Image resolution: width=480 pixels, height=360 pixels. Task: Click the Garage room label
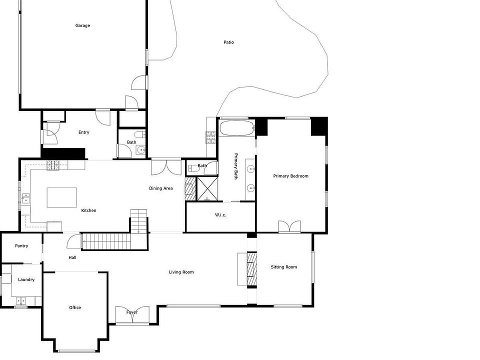pyautogui.click(x=82, y=25)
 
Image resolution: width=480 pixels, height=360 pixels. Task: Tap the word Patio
pyautogui.click(x=228, y=42)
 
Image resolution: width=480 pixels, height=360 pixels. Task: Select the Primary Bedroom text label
pyautogui.click(x=290, y=176)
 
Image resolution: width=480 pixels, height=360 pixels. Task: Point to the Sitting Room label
pyautogui.click(x=284, y=267)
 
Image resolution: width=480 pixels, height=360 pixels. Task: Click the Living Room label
pyautogui.click(x=181, y=272)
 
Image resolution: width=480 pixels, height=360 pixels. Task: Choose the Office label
pyautogui.click(x=75, y=307)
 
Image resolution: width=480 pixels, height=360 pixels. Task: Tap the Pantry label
pyautogui.click(x=21, y=246)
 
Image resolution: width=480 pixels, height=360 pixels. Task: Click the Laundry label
pyautogui.click(x=26, y=279)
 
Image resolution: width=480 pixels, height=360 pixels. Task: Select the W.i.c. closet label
pyautogui.click(x=220, y=215)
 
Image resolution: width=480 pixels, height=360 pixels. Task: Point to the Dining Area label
pyautogui.click(x=160, y=188)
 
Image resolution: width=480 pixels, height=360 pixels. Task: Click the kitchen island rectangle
pyautogui.click(x=61, y=197)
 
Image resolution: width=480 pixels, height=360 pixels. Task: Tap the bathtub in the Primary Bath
pyautogui.click(x=237, y=128)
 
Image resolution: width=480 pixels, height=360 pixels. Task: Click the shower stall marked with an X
pyautogui.click(x=207, y=188)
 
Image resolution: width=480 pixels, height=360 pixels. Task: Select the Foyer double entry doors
pyautogui.click(x=132, y=314)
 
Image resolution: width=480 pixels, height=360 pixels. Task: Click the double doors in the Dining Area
pyautogui.click(x=166, y=167)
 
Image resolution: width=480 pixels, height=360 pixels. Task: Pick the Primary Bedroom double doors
pyautogui.click(x=289, y=227)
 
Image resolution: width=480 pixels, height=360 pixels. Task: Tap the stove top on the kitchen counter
pyautogui.click(x=52, y=165)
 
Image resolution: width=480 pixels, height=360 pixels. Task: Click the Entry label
pyautogui.click(x=83, y=132)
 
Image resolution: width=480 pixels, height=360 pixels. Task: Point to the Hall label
pyautogui.click(x=72, y=258)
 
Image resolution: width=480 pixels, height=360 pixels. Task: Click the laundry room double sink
pyautogui.click(x=21, y=301)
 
